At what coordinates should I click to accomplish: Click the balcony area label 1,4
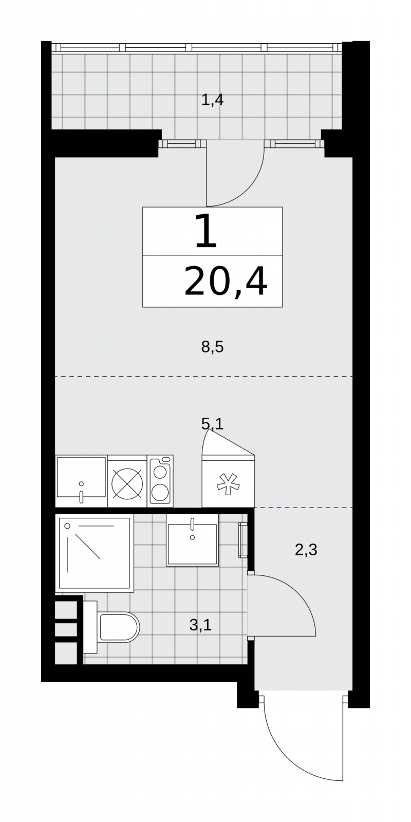[x=213, y=100]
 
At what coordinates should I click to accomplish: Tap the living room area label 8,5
[x=213, y=347]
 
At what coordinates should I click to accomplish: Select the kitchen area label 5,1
[x=213, y=424]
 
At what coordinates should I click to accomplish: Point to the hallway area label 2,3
[x=306, y=550]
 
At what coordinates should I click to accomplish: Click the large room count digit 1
[x=206, y=231]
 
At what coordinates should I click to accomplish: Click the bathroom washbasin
[x=192, y=540]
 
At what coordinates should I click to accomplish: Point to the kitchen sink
[x=81, y=481]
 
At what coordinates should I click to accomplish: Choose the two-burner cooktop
[x=160, y=481]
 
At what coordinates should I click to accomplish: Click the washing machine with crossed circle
[x=127, y=481]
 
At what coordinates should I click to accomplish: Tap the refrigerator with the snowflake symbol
[x=228, y=481]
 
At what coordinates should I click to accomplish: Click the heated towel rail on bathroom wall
[x=242, y=540]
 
